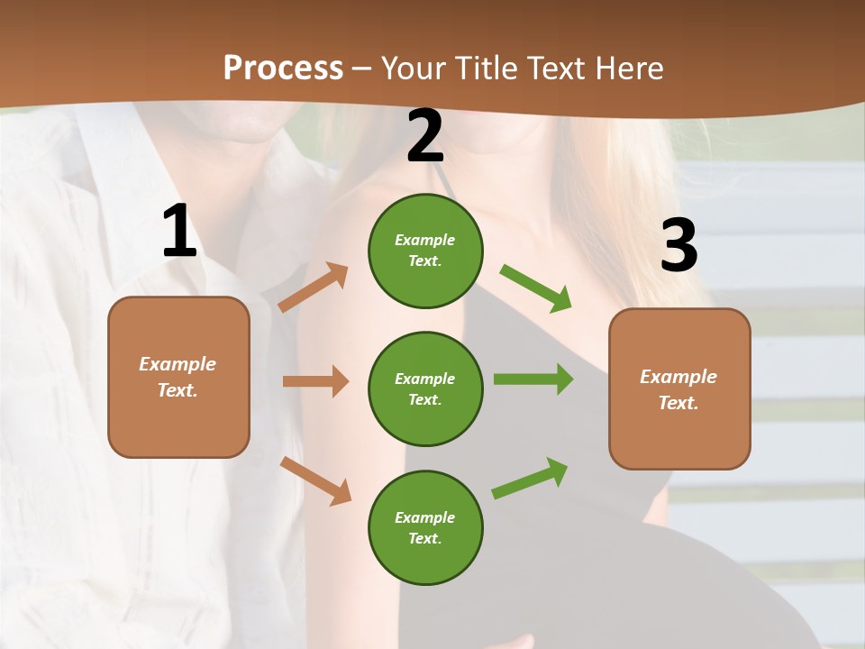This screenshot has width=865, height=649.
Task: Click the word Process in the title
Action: (283, 68)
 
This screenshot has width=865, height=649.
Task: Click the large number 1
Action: (180, 230)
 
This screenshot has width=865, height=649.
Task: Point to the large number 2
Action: (424, 135)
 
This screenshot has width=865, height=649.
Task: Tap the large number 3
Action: (679, 244)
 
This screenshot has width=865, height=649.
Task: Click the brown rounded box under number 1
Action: (178, 377)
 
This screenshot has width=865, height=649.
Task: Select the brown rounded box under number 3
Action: (679, 389)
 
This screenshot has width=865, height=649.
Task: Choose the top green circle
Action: (425, 251)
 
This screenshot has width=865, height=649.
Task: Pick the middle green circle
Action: (425, 389)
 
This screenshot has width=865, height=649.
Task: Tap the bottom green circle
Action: (425, 527)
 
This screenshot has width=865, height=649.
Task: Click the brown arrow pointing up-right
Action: (314, 287)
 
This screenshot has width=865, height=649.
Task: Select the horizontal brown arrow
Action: (316, 380)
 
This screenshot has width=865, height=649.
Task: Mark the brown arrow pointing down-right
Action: (316, 481)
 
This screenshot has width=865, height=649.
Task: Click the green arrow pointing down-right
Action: (535, 288)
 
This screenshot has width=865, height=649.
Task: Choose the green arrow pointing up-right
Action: (530, 479)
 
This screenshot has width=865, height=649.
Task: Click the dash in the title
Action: (362, 70)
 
